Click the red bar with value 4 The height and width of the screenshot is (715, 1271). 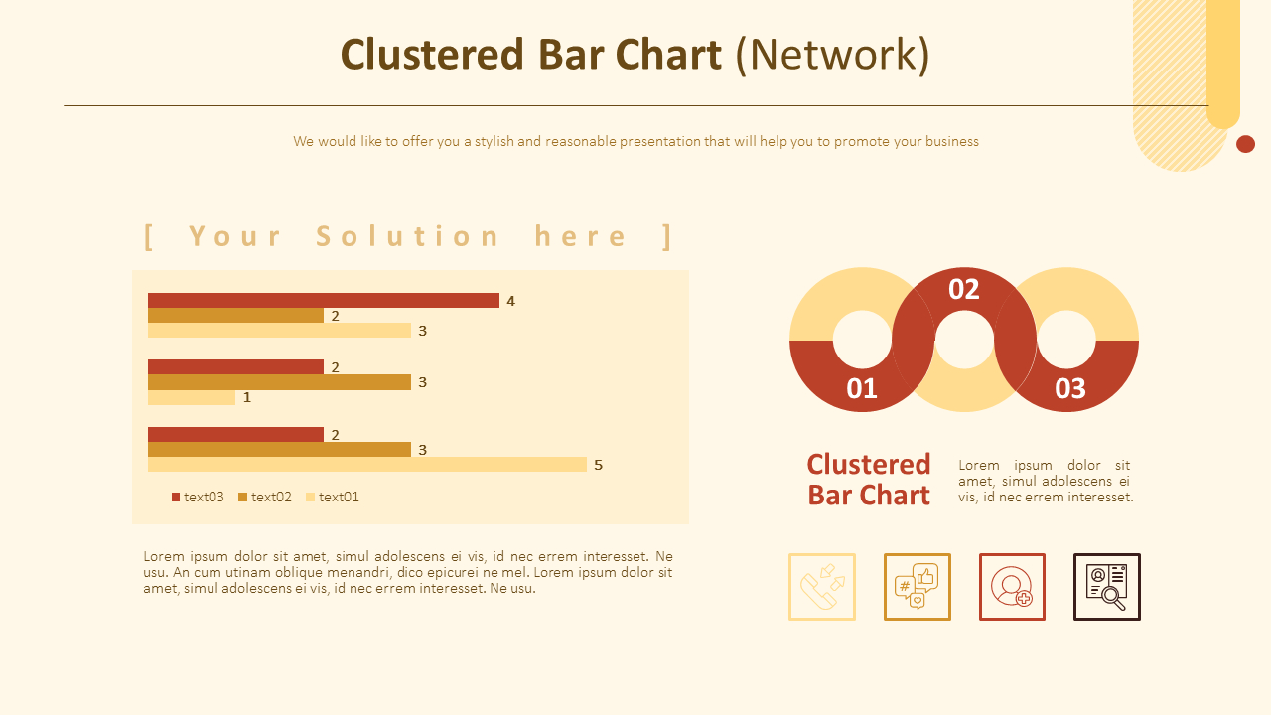tap(323, 300)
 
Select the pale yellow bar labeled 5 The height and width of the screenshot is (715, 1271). tap(367, 464)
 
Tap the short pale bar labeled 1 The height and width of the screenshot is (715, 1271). tap(192, 397)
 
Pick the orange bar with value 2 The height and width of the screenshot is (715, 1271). tap(235, 315)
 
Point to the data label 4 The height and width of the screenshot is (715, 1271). tap(510, 301)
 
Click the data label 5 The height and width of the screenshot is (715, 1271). tap(598, 465)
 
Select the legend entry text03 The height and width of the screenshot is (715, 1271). tap(204, 497)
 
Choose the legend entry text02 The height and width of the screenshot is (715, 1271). tap(271, 497)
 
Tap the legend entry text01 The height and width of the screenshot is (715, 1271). tap(339, 497)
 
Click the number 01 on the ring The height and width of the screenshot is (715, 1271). tap(862, 388)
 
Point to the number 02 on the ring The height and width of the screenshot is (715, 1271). tap(964, 289)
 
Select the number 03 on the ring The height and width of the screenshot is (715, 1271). tap(1070, 388)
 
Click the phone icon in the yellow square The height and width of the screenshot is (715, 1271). tap(822, 587)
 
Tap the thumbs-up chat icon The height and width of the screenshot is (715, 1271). tap(918, 587)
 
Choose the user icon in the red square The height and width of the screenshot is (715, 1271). tap(1012, 587)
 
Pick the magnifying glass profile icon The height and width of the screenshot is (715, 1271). tap(1107, 587)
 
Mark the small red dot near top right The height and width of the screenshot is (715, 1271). tap(1245, 144)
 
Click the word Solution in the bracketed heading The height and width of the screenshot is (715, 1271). tap(409, 236)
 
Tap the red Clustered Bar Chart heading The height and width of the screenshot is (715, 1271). tap(869, 480)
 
